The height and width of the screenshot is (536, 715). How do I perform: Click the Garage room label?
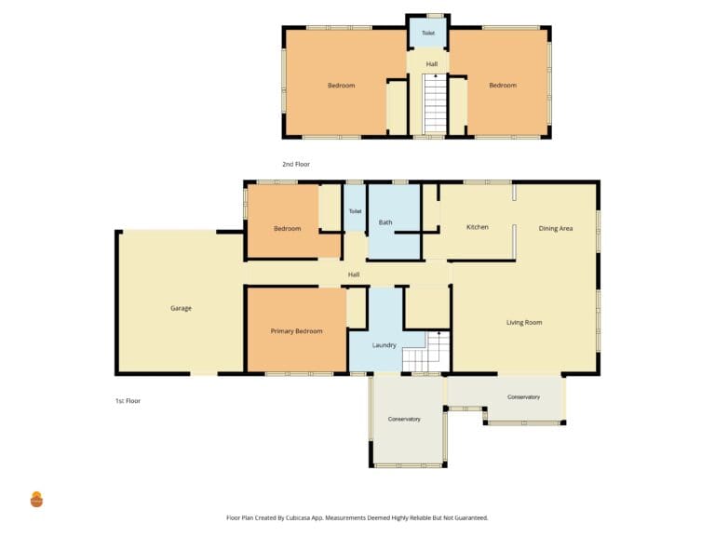[181, 308]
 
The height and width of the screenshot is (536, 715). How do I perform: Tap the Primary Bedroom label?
[296, 331]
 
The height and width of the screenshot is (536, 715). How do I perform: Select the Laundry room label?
[384, 345]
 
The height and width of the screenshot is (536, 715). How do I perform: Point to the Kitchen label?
[478, 227]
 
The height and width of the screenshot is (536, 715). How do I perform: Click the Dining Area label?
[556, 228]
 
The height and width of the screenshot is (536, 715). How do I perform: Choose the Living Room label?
[524, 322]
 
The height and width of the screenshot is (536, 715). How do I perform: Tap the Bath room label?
[385, 222]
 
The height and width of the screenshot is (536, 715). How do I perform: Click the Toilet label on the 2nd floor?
[428, 33]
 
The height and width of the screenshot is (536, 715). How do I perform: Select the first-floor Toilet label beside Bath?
[356, 211]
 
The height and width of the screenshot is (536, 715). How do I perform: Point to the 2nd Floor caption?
[296, 164]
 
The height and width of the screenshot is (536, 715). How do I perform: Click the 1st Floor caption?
[128, 401]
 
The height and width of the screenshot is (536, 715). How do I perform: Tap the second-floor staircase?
[436, 104]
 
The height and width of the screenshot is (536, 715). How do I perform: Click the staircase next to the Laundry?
[426, 352]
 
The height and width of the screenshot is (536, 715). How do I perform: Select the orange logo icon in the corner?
[36, 500]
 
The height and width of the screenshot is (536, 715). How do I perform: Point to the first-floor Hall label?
[354, 275]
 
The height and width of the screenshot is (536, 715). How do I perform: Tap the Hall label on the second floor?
[432, 64]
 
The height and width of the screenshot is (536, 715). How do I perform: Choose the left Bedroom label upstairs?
[341, 86]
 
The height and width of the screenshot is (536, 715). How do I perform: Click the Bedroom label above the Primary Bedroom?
[288, 228]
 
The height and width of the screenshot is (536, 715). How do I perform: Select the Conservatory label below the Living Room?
[523, 397]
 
